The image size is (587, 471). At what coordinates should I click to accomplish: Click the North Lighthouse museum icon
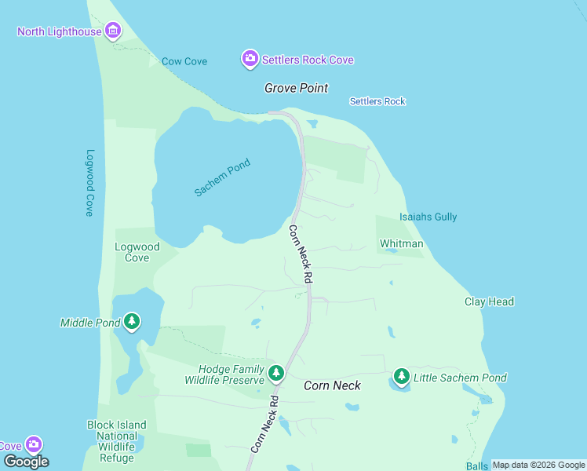[113, 31]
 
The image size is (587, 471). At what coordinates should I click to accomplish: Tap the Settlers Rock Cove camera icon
[250, 59]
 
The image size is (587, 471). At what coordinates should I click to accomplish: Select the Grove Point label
[296, 88]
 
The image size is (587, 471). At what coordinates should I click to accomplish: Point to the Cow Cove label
[184, 61]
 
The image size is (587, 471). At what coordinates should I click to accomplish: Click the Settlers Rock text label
[377, 101]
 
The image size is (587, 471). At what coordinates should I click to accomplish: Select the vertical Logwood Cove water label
[90, 183]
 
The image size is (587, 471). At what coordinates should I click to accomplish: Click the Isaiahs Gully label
[428, 217]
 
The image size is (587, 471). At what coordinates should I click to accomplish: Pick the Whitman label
[402, 243]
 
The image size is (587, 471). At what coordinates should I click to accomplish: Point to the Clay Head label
[489, 301]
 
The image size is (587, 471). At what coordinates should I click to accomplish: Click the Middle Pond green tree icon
[132, 322]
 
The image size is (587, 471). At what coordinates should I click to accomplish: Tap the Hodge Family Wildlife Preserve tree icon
[275, 373]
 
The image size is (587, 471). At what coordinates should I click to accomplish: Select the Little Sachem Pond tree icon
[402, 378]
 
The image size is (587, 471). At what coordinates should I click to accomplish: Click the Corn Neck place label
[332, 385]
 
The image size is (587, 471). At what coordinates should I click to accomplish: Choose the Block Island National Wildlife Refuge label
[116, 441]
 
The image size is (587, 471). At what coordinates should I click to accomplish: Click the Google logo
[26, 461]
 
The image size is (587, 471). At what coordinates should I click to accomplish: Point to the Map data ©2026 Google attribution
[538, 465]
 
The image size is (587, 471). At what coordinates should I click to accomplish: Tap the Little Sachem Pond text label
[461, 378]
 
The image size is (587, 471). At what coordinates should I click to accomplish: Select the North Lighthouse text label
[60, 31]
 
